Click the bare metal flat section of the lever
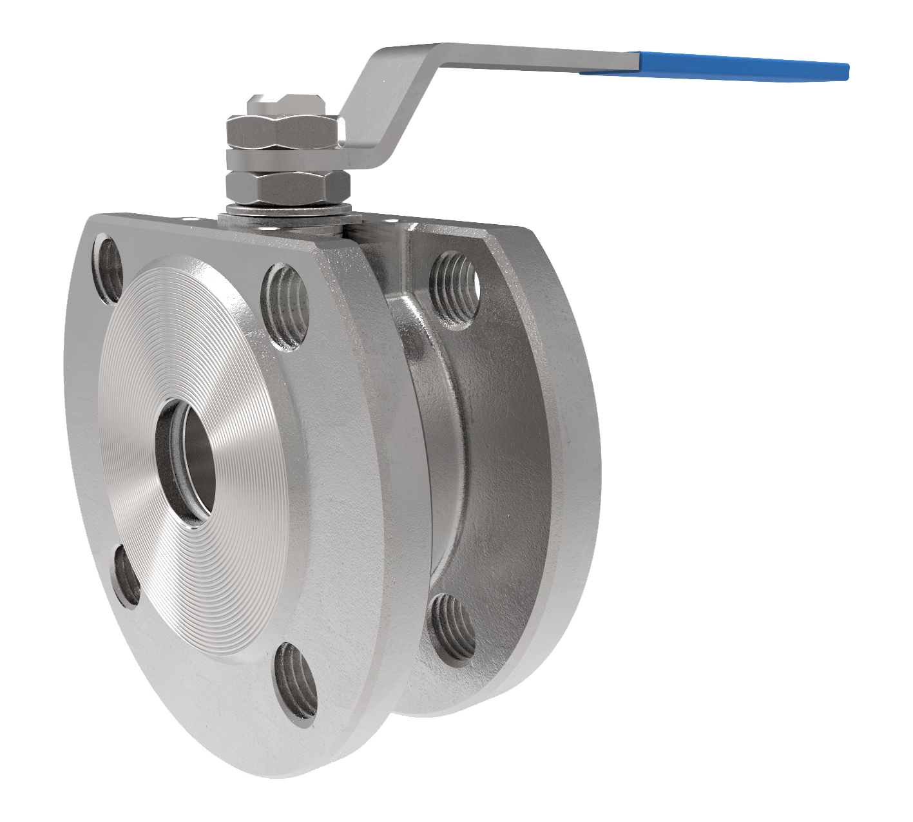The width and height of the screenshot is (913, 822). click(x=535, y=57)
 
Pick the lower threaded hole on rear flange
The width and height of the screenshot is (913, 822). click(x=453, y=628)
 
